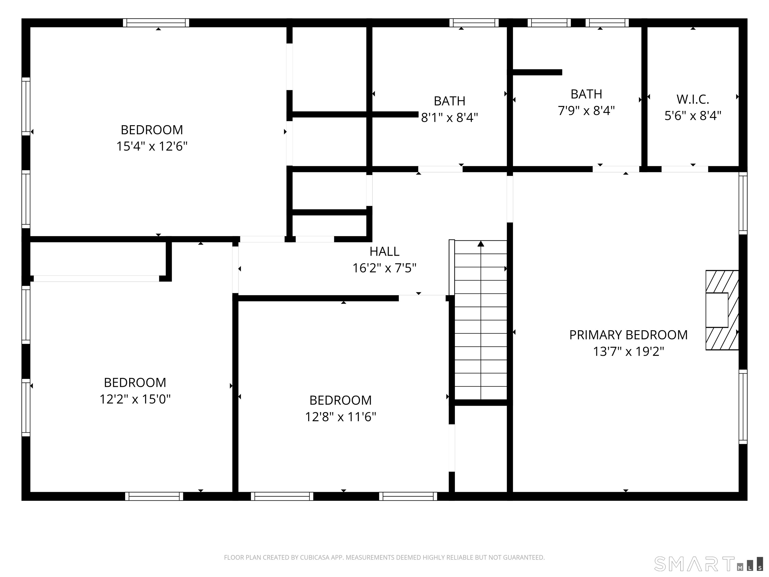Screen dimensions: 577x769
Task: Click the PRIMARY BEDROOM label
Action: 628,335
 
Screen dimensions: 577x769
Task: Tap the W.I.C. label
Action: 692,99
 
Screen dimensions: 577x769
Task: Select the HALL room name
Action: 384,251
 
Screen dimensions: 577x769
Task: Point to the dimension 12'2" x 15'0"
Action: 135,399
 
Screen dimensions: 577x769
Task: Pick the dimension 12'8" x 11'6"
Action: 340,417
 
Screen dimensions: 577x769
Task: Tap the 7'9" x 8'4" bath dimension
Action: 586,111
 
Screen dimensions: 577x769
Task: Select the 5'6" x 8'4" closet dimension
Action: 692,116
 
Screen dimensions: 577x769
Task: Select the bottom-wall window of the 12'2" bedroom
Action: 154,496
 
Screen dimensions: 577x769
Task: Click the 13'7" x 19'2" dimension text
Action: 628,352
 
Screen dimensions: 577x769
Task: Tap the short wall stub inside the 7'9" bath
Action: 537,72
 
